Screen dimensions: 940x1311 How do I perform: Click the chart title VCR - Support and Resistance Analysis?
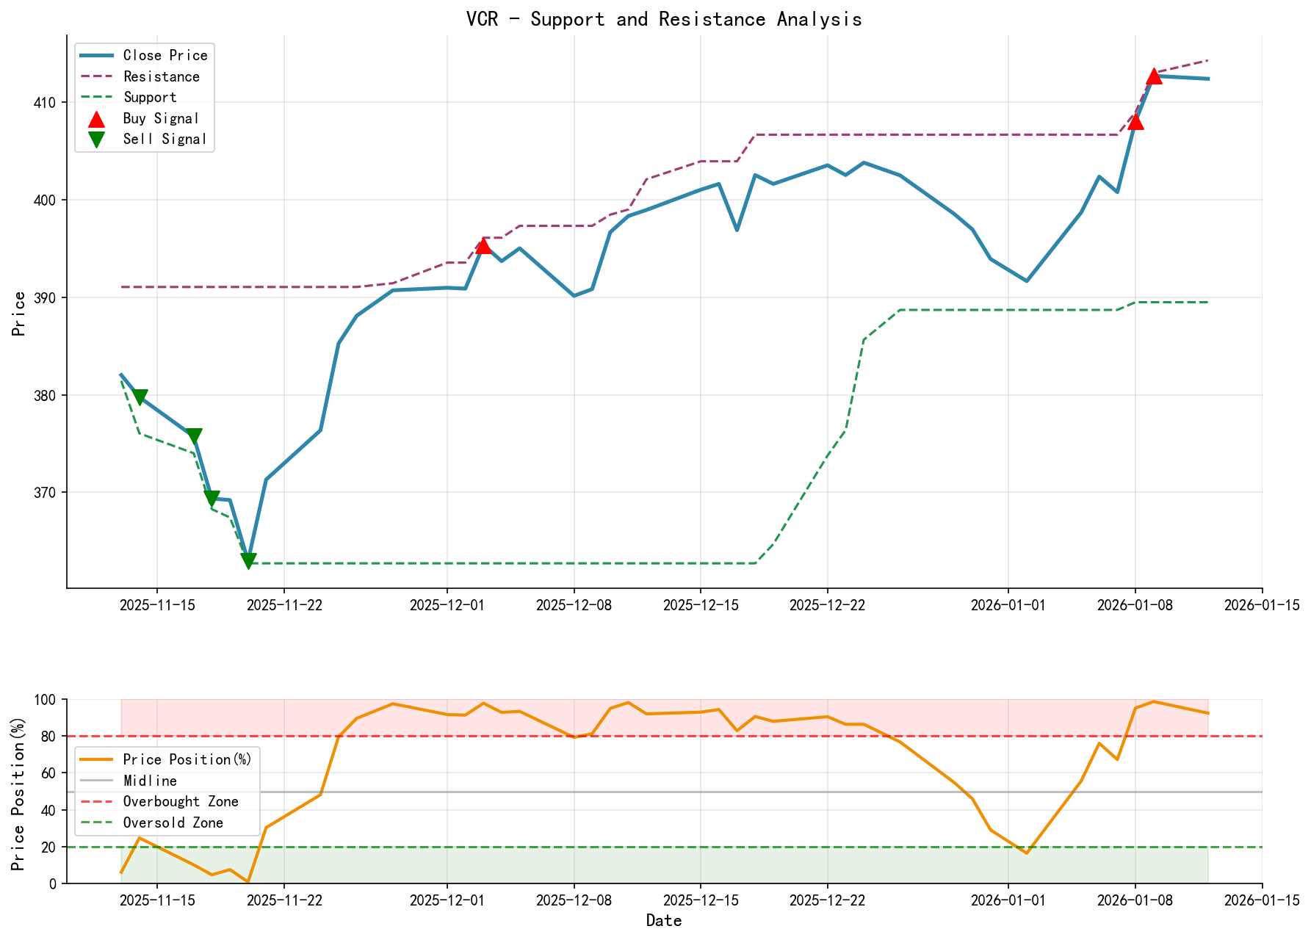663,19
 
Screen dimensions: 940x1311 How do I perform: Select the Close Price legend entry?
165,56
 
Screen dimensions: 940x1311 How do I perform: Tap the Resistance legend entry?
161,77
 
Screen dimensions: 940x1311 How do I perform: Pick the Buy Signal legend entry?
161,119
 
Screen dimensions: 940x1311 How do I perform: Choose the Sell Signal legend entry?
165,140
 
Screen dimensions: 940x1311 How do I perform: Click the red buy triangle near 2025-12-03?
483,245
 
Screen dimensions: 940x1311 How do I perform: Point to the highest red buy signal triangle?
1154,76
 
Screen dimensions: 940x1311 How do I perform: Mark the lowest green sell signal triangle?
248,562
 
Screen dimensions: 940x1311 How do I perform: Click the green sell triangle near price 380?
140,397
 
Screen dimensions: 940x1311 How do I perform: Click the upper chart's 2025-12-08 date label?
574,605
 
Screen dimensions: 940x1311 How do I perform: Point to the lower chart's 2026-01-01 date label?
1008,900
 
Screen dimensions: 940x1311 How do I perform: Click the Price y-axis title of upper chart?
20,314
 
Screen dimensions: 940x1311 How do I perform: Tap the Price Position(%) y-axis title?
20,792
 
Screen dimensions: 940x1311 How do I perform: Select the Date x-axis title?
664,921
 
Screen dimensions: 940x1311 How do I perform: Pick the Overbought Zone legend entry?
180,802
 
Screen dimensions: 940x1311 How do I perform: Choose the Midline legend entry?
150,781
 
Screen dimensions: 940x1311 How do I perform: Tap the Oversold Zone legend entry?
173,823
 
